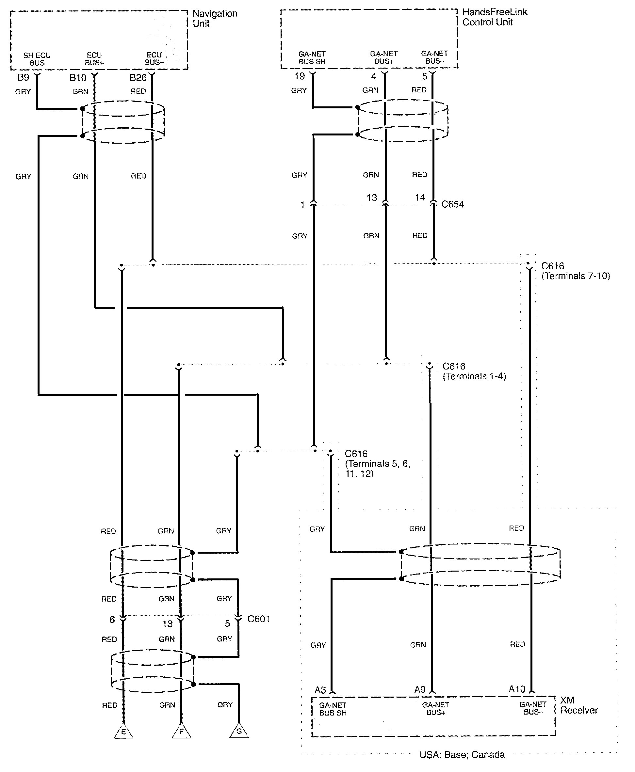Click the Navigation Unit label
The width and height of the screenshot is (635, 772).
tap(215, 19)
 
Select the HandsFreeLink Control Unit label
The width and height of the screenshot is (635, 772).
tap(495, 17)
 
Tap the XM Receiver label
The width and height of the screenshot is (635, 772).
tap(579, 705)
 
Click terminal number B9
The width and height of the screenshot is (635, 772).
tap(23, 77)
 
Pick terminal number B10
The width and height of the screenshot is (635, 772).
tap(78, 78)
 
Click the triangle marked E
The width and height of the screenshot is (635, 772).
tap(123, 732)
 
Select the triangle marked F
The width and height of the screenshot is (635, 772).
tap(181, 732)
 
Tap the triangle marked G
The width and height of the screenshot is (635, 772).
tap(239, 731)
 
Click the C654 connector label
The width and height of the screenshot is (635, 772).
tap(452, 204)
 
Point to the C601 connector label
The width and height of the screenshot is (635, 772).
tap(259, 619)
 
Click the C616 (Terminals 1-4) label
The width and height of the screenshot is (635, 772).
tap(474, 371)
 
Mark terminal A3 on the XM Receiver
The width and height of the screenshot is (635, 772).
tap(320, 690)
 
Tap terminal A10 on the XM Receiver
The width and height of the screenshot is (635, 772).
tap(517, 689)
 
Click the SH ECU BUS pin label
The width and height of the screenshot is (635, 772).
tap(37, 59)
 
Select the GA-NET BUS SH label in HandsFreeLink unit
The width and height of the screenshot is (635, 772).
tap(312, 58)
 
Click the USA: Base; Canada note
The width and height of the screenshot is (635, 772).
tap(462, 754)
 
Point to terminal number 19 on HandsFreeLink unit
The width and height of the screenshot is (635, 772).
tap(300, 76)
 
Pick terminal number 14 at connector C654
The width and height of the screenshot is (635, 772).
tap(420, 197)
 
